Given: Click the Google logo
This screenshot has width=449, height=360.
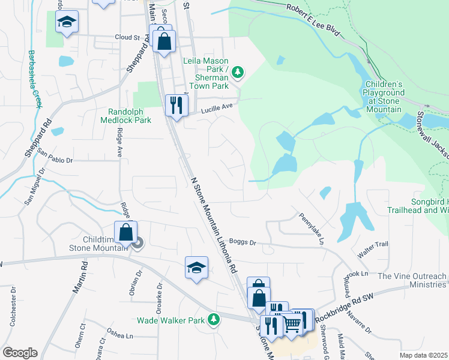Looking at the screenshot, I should click(20, 353).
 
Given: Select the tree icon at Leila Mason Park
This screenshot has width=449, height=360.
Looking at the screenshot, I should click(238, 72).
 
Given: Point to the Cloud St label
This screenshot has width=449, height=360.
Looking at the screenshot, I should click(127, 37).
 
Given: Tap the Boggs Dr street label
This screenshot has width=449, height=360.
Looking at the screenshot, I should click(243, 242).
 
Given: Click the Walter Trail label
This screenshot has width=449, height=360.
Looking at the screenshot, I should click(373, 245).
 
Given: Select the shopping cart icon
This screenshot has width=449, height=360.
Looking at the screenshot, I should click(292, 323).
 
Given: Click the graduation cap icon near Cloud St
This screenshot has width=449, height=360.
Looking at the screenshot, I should click(67, 22).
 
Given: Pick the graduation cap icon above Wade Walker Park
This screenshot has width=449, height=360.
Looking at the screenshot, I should click(196, 267).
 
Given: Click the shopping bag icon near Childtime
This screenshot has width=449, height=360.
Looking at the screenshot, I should click(126, 232).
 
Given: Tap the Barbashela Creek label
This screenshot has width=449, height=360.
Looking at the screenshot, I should click(34, 78).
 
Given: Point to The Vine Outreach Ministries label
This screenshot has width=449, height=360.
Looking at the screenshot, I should click(412, 280).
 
